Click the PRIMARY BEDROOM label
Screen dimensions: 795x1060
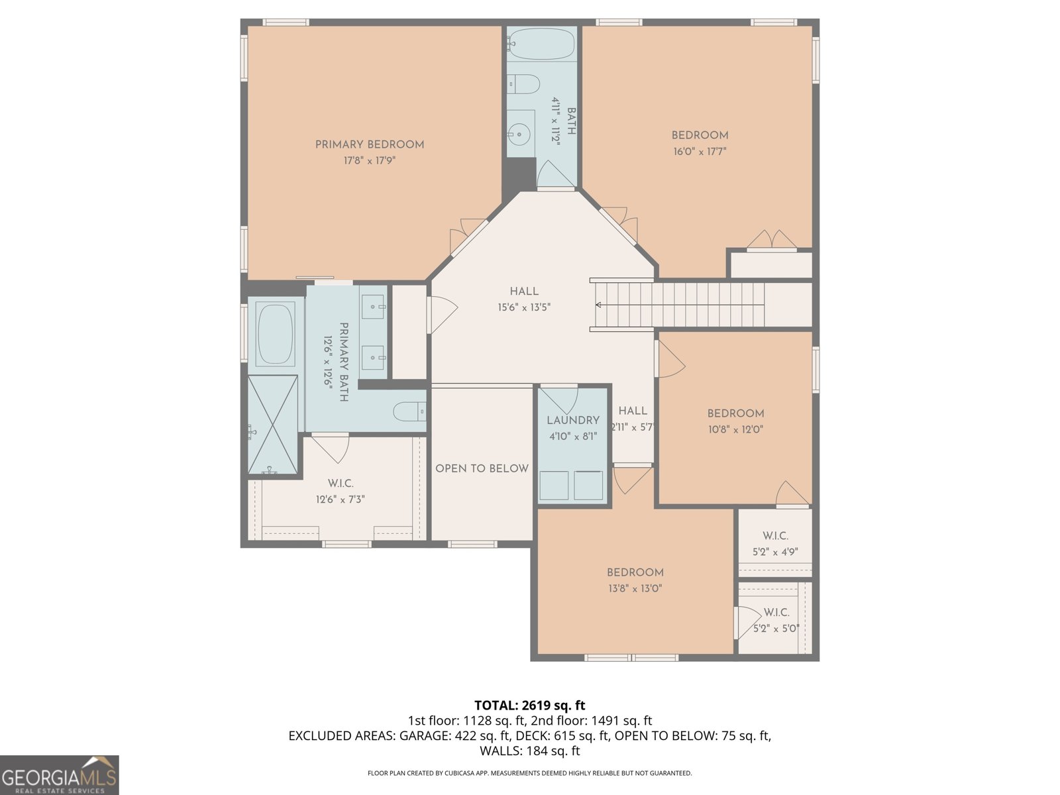[369, 144]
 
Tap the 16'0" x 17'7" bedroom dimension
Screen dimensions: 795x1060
[700, 151]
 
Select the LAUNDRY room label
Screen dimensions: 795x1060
[573, 420]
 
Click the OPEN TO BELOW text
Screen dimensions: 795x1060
[482, 468]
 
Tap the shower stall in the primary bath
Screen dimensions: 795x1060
[273, 425]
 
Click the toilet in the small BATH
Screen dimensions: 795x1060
[524, 84]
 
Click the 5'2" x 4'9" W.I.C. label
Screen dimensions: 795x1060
[775, 535]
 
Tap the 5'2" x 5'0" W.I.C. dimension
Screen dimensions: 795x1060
[776, 629]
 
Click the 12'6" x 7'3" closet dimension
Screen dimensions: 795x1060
[341, 500]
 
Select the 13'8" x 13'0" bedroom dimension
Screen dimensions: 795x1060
[635, 588]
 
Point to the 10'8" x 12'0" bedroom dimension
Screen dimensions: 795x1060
[735, 429]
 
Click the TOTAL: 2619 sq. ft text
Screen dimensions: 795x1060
[529, 706]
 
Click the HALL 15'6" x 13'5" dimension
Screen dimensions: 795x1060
[524, 307]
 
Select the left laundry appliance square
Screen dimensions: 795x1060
[554, 485]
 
